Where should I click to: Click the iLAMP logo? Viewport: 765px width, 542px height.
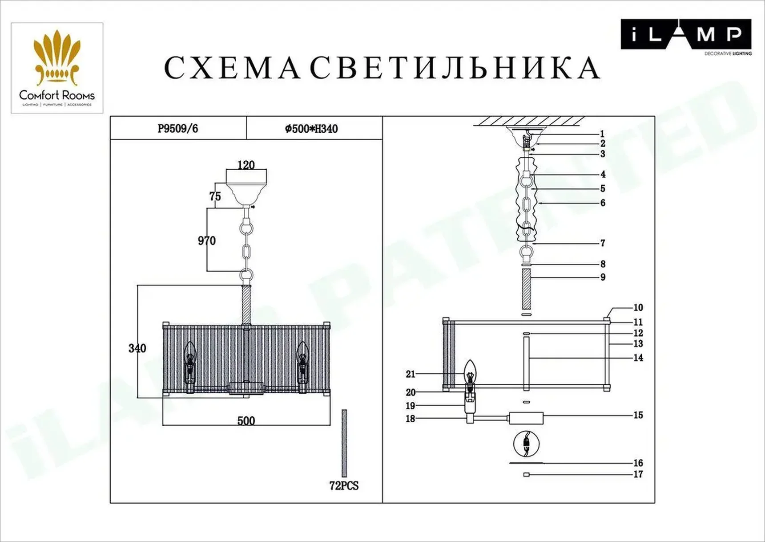685,35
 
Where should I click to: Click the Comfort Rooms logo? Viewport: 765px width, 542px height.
57,68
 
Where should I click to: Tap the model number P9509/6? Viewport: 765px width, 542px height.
178,129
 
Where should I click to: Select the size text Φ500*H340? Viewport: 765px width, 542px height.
311,129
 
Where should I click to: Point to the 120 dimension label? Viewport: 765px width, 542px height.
246,165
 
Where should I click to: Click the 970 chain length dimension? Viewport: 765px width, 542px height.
207,240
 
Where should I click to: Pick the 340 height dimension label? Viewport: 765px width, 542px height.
137,348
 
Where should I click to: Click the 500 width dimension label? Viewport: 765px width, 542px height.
246,421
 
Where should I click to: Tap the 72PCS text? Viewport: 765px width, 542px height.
344,486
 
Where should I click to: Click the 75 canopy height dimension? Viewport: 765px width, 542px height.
215,196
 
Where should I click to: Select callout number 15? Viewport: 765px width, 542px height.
638,415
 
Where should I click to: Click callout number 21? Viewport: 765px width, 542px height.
410,374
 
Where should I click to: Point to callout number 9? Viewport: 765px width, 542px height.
603,277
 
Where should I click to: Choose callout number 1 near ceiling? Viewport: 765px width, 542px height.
602,134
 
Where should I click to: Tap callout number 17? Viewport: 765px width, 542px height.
638,474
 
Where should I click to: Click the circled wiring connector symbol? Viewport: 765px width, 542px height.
526,444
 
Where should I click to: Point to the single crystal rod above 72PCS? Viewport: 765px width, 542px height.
344,443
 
